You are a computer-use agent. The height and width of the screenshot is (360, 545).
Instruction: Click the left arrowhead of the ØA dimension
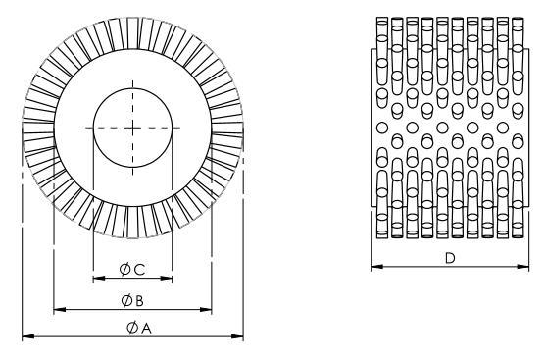pos(26,336)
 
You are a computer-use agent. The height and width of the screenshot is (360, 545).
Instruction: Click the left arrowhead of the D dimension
pos(374,267)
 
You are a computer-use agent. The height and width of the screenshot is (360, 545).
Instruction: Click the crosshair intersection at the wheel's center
pos(132,127)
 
